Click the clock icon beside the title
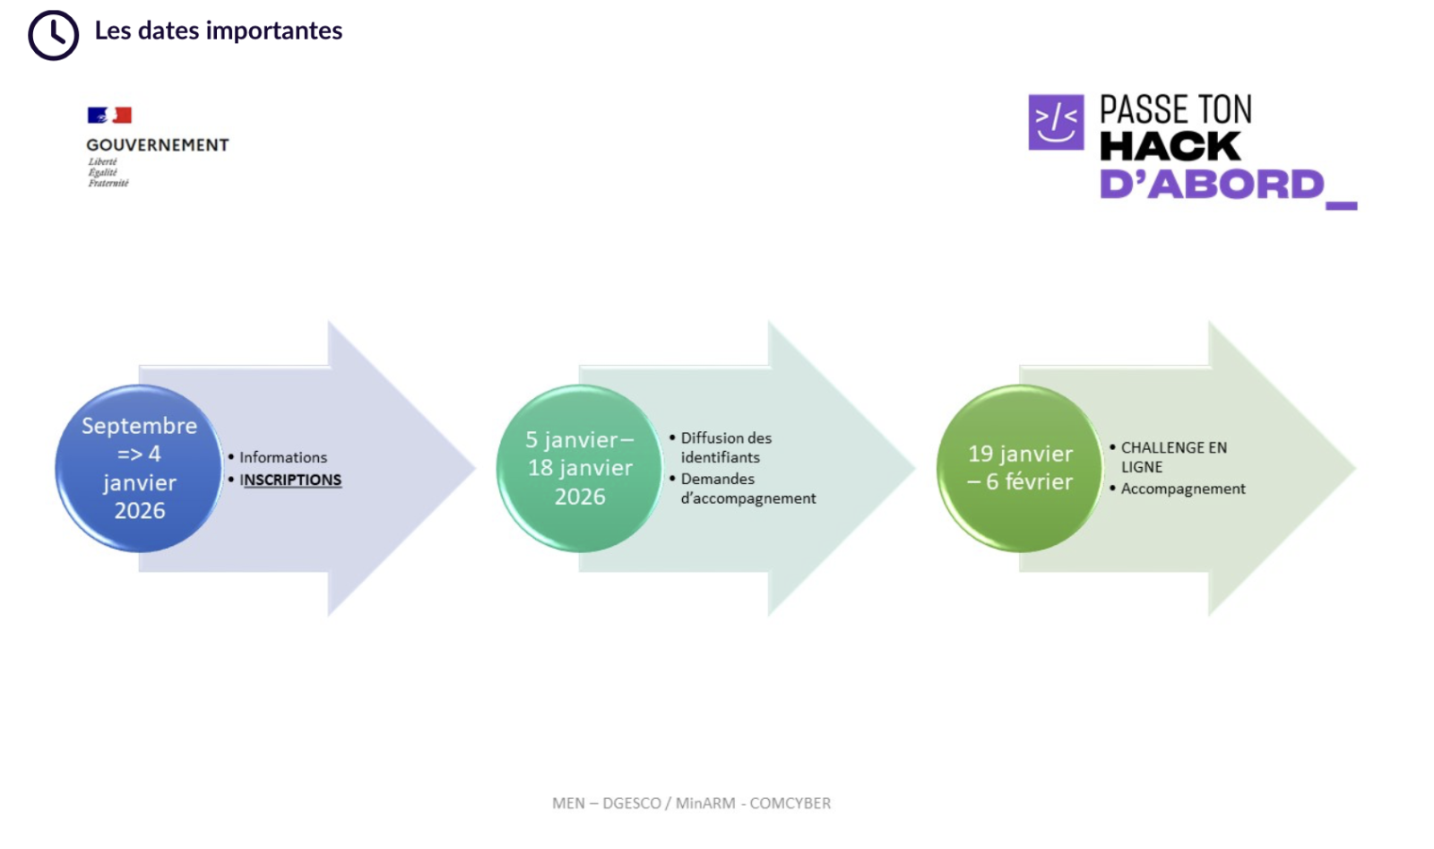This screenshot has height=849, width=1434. (x=53, y=35)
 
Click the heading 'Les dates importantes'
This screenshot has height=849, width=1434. (x=219, y=30)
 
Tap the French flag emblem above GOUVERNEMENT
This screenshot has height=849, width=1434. (x=109, y=116)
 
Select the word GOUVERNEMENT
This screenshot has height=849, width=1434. (x=158, y=144)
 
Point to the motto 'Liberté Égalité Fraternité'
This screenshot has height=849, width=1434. (x=108, y=172)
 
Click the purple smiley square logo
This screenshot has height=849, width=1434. (x=1056, y=122)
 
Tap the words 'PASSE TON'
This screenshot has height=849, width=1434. (x=1175, y=109)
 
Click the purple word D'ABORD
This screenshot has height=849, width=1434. (x=1212, y=185)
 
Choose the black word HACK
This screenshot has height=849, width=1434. (x=1171, y=146)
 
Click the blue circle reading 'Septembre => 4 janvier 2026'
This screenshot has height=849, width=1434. (x=139, y=468)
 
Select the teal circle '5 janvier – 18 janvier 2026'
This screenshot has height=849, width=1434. (x=579, y=468)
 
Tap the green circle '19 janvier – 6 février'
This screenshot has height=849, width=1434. (x=1020, y=468)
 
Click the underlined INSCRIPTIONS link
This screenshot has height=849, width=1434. (x=290, y=480)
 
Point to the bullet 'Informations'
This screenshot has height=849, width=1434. (x=283, y=457)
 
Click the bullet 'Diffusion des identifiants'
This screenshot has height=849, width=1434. (x=726, y=447)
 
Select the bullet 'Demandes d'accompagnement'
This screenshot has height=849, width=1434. (x=747, y=489)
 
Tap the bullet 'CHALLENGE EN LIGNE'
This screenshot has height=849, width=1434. (x=1173, y=457)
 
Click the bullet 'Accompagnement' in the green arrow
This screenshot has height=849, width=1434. (x=1183, y=489)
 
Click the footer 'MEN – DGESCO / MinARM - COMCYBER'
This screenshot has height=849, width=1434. (x=691, y=803)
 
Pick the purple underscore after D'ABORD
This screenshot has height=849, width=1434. (x=1341, y=205)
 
